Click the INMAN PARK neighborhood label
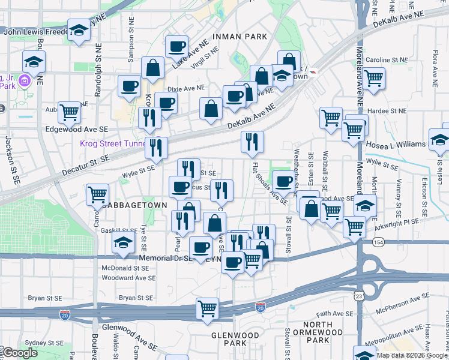click(x=244, y=37)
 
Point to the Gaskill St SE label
click(x=119, y=230)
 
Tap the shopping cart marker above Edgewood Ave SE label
click(x=70, y=111)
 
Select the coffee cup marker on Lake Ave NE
click(x=177, y=46)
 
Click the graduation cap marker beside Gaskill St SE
click(x=124, y=243)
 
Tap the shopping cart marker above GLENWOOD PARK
click(x=208, y=308)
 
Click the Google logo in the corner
click(x=20, y=353)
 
